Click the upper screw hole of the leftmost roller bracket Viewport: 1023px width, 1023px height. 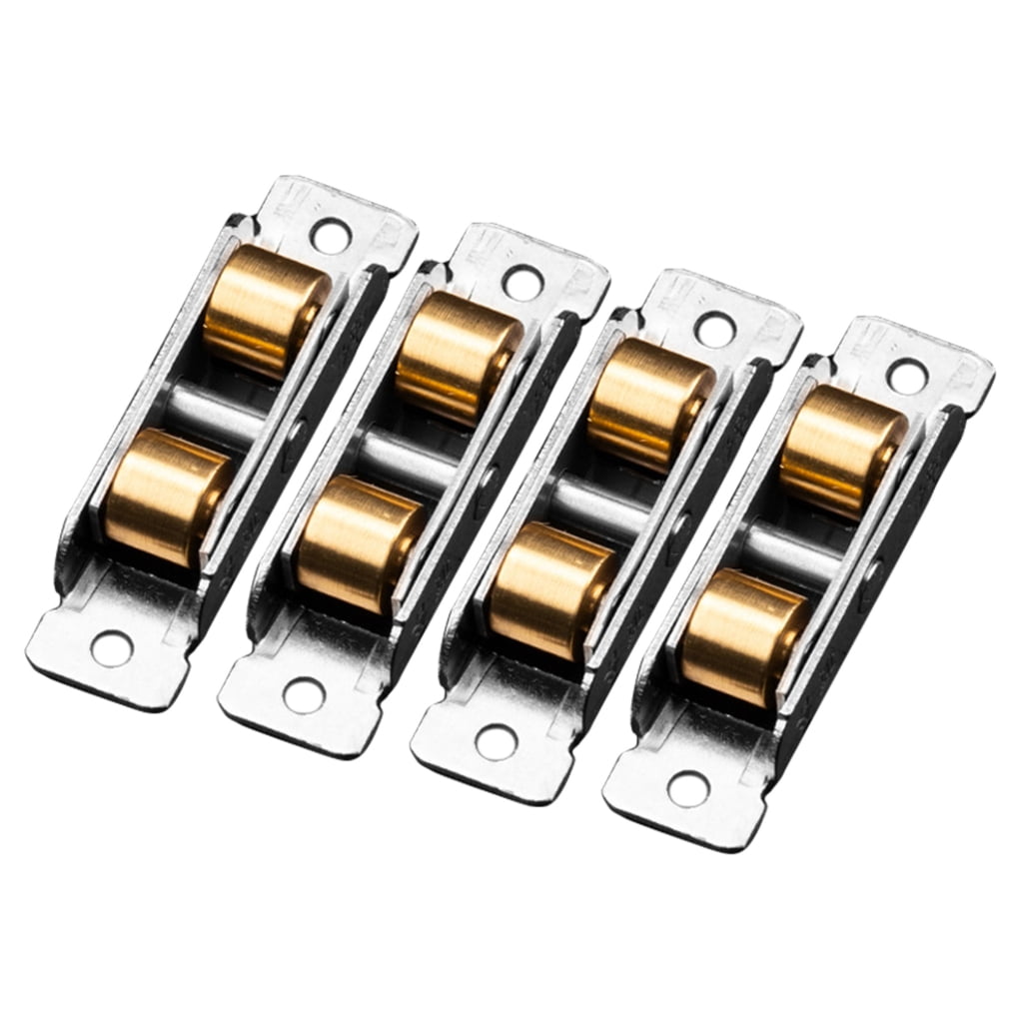329,234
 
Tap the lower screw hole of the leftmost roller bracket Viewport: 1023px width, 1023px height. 111,648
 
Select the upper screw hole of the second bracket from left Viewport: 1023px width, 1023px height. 521,282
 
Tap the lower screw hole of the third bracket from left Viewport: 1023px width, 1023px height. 496,741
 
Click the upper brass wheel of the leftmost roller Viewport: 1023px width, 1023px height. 264,311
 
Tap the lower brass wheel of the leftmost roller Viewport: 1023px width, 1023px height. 168,497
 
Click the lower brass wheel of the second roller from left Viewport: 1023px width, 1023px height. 360,543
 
